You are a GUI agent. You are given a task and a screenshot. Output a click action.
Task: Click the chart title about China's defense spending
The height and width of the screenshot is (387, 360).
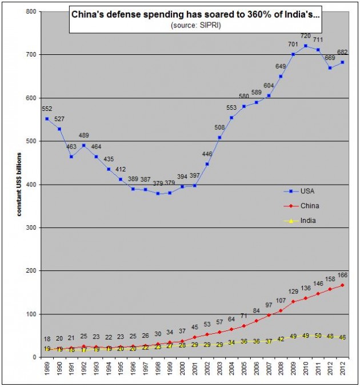(x=195, y=14)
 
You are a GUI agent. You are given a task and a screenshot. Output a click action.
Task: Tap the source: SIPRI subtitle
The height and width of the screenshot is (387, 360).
(x=195, y=26)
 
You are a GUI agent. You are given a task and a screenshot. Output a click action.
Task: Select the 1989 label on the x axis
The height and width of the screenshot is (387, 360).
(x=47, y=370)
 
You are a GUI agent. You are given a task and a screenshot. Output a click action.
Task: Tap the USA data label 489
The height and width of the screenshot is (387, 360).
(x=83, y=135)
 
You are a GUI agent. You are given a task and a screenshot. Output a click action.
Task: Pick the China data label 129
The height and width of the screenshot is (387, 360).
(x=293, y=292)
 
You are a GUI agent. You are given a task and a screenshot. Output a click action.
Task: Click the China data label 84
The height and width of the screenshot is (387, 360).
(x=256, y=311)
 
